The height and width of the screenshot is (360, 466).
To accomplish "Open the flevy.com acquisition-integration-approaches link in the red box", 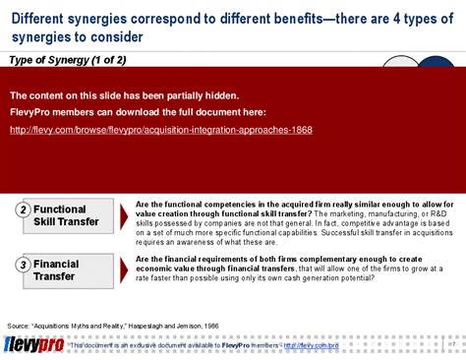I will click(x=160, y=130).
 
